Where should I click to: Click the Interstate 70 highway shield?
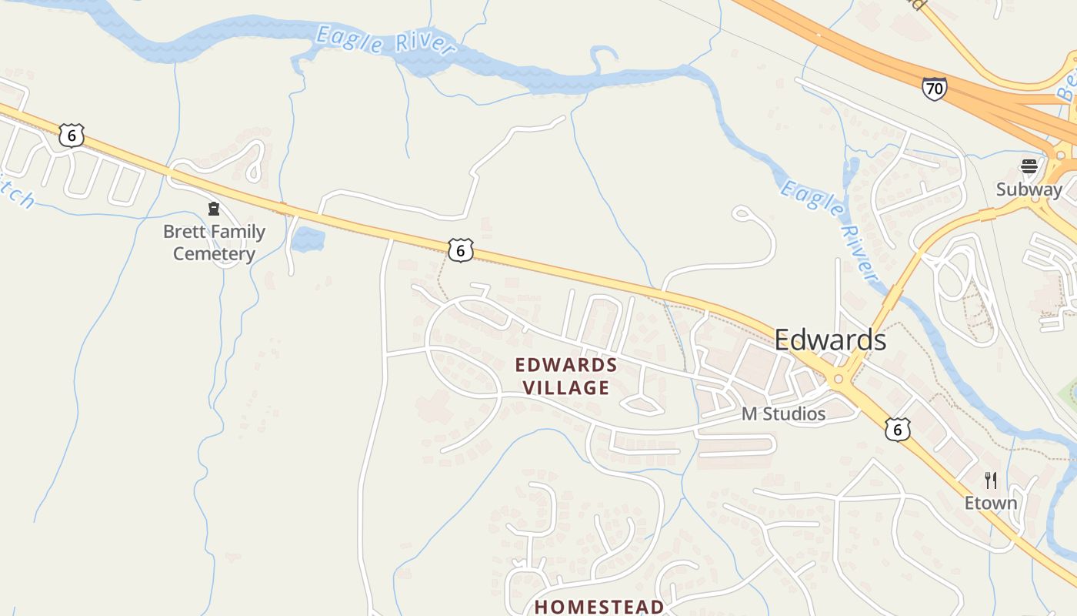pos(934,89)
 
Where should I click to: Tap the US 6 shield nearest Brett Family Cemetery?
pos(72,136)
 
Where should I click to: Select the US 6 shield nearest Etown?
pos(897,429)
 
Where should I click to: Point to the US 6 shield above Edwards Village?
pos(460,249)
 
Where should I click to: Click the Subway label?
pos(1029,189)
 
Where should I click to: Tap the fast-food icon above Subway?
pos(1029,166)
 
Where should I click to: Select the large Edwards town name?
pos(830,340)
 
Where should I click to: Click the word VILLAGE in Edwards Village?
pos(566,387)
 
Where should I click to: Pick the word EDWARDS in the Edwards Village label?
pos(566,364)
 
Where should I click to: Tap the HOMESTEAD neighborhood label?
pos(599,607)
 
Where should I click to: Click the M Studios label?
pos(783,414)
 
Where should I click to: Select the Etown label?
pos(991,503)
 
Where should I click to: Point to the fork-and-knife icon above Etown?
pos(991,480)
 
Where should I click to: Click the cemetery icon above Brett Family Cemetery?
pos(214,209)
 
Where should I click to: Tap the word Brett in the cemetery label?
pos(182,232)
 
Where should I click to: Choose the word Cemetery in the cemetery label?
pos(214,253)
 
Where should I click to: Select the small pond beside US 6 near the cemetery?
pos(308,239)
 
